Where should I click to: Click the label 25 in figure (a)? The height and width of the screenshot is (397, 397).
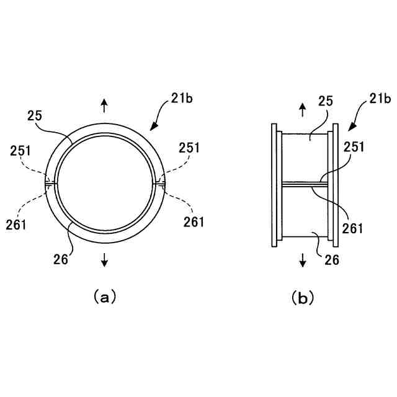35,115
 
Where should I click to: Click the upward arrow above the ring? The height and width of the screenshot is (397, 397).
104,105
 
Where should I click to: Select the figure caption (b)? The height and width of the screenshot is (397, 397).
303,298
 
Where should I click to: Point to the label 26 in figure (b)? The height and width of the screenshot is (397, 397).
332,261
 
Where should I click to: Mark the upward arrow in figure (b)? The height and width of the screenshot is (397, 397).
303,110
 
